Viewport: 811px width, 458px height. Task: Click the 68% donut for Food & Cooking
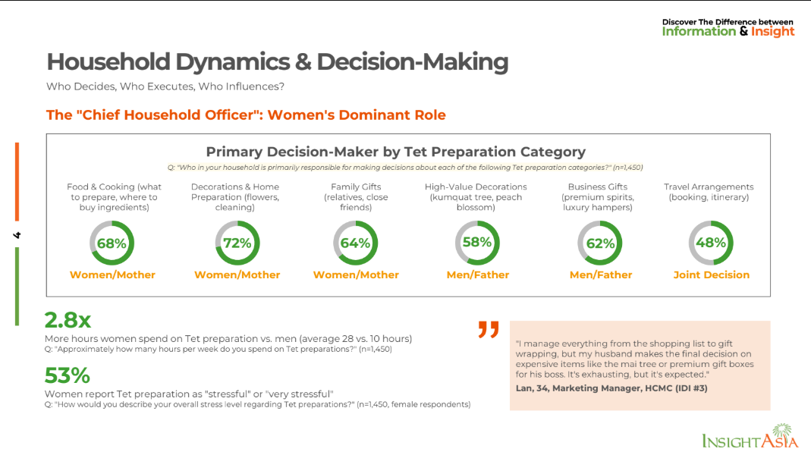[112, 243]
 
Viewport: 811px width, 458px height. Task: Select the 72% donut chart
[237, 243]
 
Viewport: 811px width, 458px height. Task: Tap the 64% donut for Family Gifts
[355, 243]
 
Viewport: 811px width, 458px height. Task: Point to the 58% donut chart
[477, 243]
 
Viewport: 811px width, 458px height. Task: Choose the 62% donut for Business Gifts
[600, 243]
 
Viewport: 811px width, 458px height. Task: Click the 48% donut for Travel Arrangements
[711, 243]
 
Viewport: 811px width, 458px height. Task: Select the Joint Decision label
[711, 274]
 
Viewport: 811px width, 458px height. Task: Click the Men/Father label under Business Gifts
[600, 274]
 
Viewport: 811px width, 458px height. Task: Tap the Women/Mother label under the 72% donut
[237, 274]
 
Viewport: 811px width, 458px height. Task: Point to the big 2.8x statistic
[68, 320]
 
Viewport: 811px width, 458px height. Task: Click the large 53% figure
[67, 375]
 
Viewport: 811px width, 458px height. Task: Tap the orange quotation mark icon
[489, 330]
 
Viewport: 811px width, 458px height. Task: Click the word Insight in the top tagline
[772, 32]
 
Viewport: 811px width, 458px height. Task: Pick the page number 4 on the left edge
[17, 235]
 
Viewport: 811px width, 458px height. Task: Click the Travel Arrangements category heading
[709, 192]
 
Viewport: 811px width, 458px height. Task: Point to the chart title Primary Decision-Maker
[395, 152]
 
